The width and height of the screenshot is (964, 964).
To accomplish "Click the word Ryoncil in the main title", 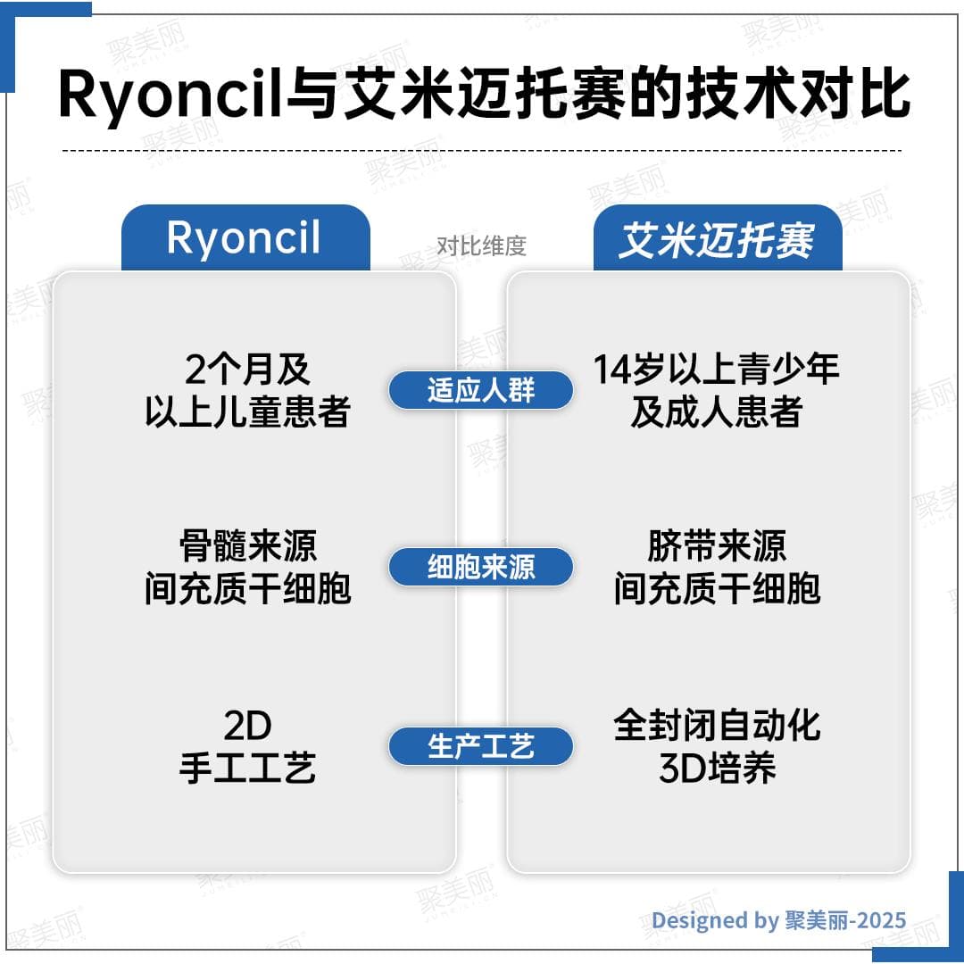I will [x=170, y=94].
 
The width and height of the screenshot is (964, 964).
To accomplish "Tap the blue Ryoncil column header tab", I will [x=245, y=238].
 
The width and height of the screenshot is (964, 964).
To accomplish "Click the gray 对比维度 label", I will [x=481, y=246].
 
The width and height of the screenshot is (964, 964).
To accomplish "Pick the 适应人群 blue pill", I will [x=480, y=390].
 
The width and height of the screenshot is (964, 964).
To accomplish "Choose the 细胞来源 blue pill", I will [x=480, y=568].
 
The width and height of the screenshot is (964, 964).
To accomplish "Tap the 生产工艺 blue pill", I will [x=480, y=746].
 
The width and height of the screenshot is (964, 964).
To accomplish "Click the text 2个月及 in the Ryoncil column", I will [x=247, y=370].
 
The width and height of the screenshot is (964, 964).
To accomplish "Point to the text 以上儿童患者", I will [x=247, y=412].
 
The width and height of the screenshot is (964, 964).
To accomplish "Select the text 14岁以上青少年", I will [x=717, y=370].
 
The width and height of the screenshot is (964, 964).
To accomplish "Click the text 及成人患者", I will [x=717, y=412].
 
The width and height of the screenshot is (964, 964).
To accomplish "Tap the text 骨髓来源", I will [x=247, y=546].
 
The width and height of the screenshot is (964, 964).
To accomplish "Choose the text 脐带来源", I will [x=717, y=546].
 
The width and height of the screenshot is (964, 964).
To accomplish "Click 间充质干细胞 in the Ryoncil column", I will [x=247, y=589].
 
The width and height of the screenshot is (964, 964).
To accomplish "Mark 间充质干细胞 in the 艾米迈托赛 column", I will [x=717, y=589].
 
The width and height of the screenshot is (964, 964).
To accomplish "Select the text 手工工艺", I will [x=247, y=769].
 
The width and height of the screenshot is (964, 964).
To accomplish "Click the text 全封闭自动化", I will [x=717, y=726].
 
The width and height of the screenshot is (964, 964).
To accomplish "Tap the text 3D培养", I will [x=717, y=769].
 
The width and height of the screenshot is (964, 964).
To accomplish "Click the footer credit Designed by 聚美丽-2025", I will [x=778, y=920].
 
